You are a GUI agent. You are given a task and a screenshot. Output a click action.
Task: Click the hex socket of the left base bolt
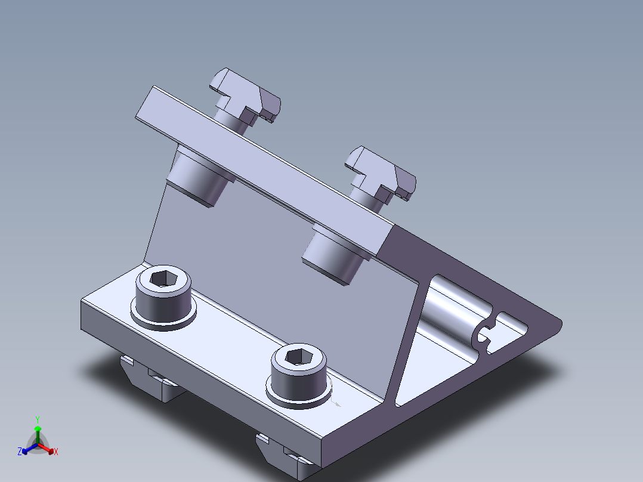[163, 279]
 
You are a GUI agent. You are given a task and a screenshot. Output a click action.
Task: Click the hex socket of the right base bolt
[299, 357]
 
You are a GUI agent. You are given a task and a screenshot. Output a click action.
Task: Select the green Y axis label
[38, 419]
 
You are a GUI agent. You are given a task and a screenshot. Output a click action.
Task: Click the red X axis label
[56, 452]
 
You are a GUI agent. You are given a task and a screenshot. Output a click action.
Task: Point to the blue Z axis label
[20, 451]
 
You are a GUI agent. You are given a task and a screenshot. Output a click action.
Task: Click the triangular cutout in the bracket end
[435, 361]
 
